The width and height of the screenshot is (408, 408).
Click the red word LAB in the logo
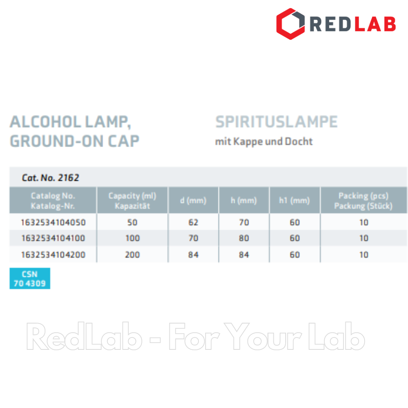pyautogui.click(x=375, y=24)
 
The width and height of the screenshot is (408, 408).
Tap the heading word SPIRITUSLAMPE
pyautogui.click(x=277, y=122)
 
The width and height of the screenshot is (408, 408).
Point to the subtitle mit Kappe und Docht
pyautogui.click(x=264, y=141)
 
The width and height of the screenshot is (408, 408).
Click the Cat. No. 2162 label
pyautogui.click(x=50, y=178)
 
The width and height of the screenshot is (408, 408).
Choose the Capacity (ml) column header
pyautogui.click(x=132, y=196)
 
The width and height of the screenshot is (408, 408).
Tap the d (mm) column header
pyautogui.click(x=193, y=200)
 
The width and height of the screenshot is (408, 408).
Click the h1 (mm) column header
pyautogui.click(x=294, y=200)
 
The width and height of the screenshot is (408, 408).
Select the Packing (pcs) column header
pyautogui.click(x=363, y=196)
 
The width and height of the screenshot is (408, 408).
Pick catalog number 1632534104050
pyautogui.click(x=53, y=222)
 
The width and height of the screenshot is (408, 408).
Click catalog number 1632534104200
pyautogui.click(x=53, y=255)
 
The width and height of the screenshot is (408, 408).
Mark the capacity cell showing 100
pyautogui.click(x=132, y=238)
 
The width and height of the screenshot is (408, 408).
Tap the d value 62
pyautogui.click(x=193, y=222)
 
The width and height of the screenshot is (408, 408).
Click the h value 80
pyautogui.click(x=244, y=238)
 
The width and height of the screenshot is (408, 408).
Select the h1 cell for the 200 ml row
pyautogui.click(x=294, y=255)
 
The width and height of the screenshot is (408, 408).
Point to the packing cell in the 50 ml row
pyautogui.click(x=363, y=222)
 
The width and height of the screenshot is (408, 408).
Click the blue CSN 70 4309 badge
pyautogui.click(x=29, y=279)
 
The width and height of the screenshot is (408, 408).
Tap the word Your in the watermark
pyautogui.click(x=263, y=336)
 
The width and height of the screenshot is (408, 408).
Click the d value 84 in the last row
pyautogui.click(x=193, y=255)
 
